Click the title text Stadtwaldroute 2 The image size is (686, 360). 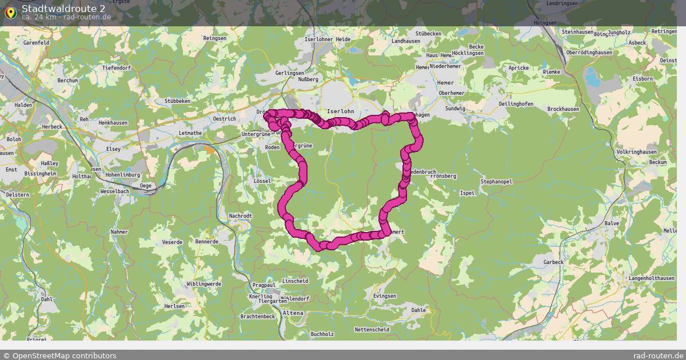coord(63,8)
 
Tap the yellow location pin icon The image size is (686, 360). coord(10,12)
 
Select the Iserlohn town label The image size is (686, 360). coord(340,111)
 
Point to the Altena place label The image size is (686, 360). coord(293,313)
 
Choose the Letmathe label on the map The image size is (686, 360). coord(190,133)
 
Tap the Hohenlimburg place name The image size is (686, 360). coord(122,176)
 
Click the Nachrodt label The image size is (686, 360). coord(240,216)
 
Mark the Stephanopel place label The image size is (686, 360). coord(496,182)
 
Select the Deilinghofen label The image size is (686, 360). coord(516,104)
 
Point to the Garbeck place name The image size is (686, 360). coord(553,262)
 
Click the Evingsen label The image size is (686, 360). coord(384,296)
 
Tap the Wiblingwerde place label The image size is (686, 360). coord(204,283)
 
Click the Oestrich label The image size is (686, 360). coord(224,119)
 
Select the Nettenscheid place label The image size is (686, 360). coord(372,330)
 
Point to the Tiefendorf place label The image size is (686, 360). coord(117,68)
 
